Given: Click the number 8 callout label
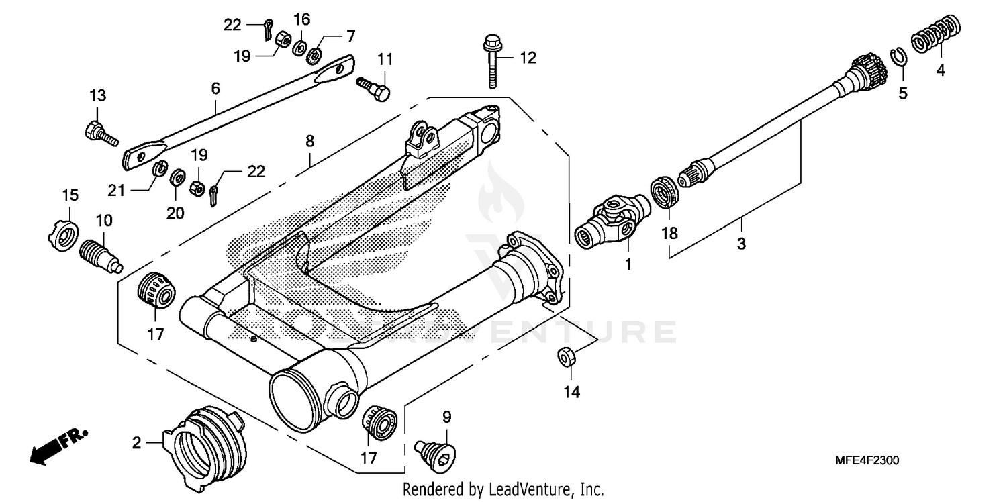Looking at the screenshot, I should pos(309,142).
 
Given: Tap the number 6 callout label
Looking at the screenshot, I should pos(215,88).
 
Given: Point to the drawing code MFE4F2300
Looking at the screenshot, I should pos(867,461).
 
